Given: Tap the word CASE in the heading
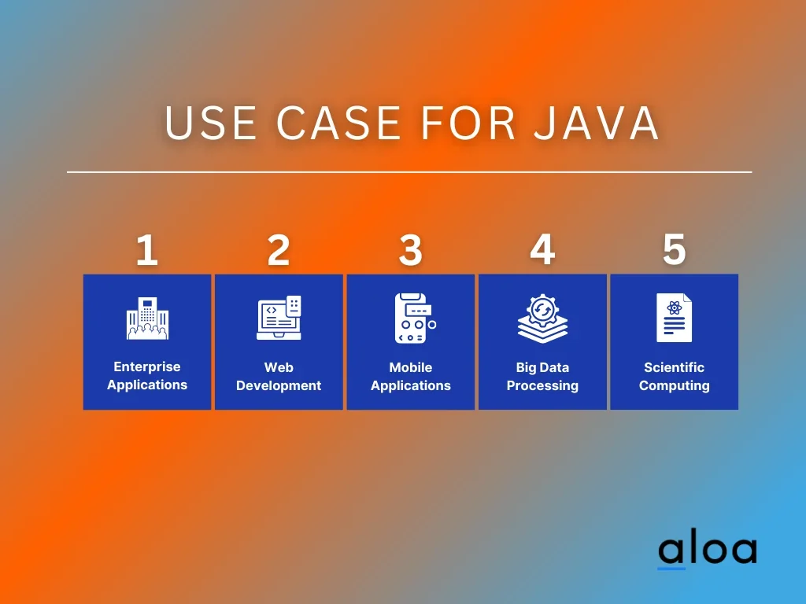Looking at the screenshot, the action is click(x=338, y=123).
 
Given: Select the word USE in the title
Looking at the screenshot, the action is click(x=211, y=123).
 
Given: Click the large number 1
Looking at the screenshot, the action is click(x=147, y=250).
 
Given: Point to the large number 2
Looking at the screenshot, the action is click(x=279, y=250).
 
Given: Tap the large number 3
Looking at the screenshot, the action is click(x=411, y=250).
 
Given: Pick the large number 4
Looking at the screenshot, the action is click(x=542, y=249).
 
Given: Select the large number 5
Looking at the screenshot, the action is click(x=675, y=249).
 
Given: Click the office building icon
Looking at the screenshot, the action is click(x=147, y=319).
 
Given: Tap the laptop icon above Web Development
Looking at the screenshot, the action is click(x=279, y=318).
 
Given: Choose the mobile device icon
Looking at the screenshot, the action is click(x=415, y=319).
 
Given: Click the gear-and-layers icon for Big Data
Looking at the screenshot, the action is click(x=543, y=319).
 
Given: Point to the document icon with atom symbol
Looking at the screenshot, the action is click(x=674, y=318).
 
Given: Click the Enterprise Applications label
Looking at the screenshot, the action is click(x=147, y=376).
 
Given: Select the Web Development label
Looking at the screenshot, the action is click(x=279, y=377).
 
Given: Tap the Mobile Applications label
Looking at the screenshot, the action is click(x=411, y=377).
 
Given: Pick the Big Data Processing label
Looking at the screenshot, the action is click(x=542, y=377).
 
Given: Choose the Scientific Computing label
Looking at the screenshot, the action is click(x=675, y=377).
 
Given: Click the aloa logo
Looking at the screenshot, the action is click(x=708, y=551).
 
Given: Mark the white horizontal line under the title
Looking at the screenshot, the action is click(x=409, y=172).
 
